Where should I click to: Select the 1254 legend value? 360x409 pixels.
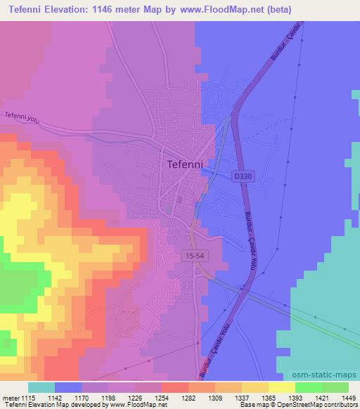[x=162, y=398]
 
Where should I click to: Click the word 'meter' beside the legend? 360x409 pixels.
[x=11, y=398]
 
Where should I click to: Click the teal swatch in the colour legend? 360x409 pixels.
[x=41, y=387]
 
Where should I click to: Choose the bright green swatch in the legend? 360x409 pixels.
[x=335, y=387]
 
